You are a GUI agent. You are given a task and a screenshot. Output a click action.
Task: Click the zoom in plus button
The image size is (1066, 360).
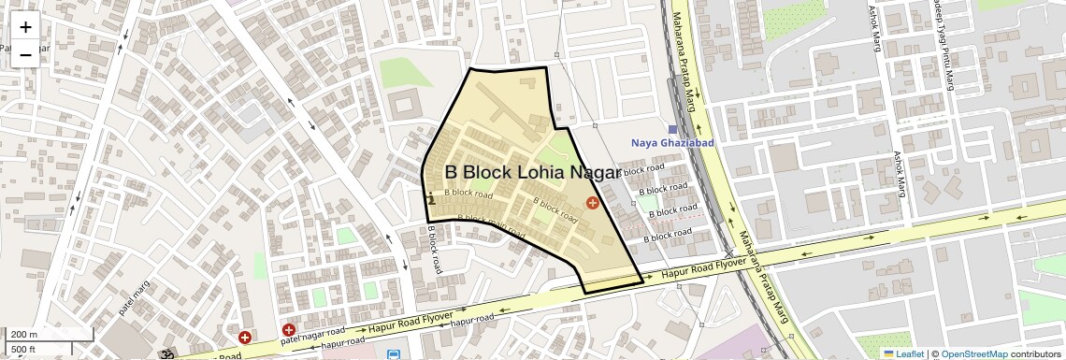pyautogui.click(x=25, y=27)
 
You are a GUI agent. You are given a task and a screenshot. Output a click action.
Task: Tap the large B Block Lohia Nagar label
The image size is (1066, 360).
pyautogui.click(x=531, y=173)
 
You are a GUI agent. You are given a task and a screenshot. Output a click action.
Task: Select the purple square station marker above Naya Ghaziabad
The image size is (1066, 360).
pyautogui.click(x=672, y=129)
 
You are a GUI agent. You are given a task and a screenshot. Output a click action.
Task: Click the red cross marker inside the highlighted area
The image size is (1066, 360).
pyautogui.click(x=592, y=203)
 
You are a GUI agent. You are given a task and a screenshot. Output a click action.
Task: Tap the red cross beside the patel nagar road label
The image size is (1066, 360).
pyautogui.click(x=289, y=330)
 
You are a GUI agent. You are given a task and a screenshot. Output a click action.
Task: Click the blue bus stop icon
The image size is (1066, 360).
pyautogui.click(x=393, y=355)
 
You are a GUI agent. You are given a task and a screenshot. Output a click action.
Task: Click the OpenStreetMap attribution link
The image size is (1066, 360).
pyautogui.click(x=973, y=353)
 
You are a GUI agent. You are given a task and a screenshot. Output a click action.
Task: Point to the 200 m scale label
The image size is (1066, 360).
pyautogui.click(x=23, y=335)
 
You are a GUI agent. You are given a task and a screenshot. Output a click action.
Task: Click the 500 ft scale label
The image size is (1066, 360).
pyautogui.click(x=23, y=350)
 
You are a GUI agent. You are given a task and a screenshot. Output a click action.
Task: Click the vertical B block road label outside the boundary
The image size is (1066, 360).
pyautogui.click(x=435, y=249)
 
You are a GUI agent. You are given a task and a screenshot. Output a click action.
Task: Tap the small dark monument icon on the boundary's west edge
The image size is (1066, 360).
pyautogui.click(x=430, y=198)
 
